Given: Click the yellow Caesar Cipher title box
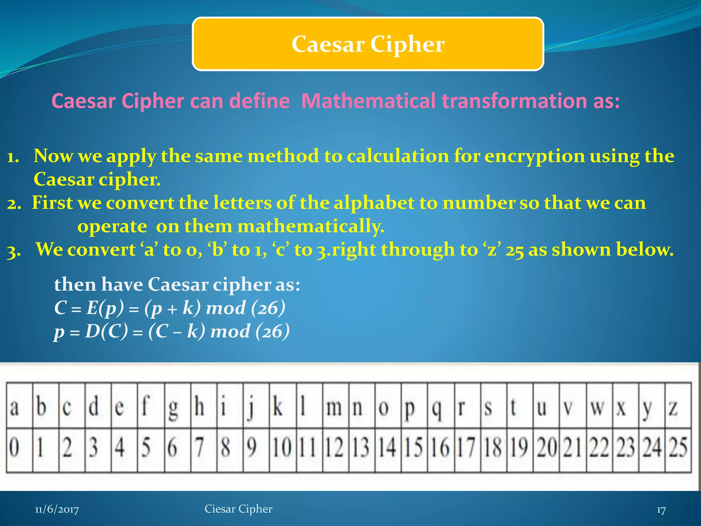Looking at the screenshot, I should (368, 44).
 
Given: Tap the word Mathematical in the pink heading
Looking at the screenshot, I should (368, 101).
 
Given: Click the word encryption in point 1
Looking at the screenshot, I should (535, 156).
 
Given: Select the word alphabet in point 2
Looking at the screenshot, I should (374, 203).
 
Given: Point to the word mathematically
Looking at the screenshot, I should (311, 226).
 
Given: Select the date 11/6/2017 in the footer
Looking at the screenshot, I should (57, 510).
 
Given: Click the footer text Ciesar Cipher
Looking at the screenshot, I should (238, 509).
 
